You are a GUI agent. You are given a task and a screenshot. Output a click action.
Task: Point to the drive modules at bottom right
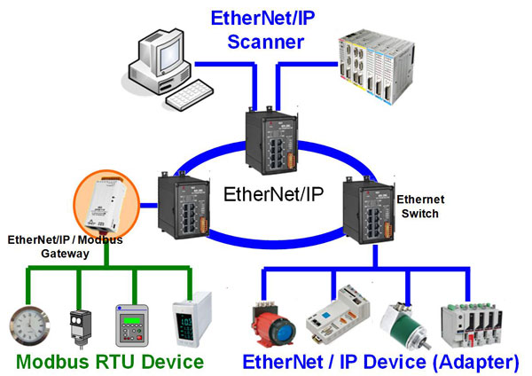point(478,319)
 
